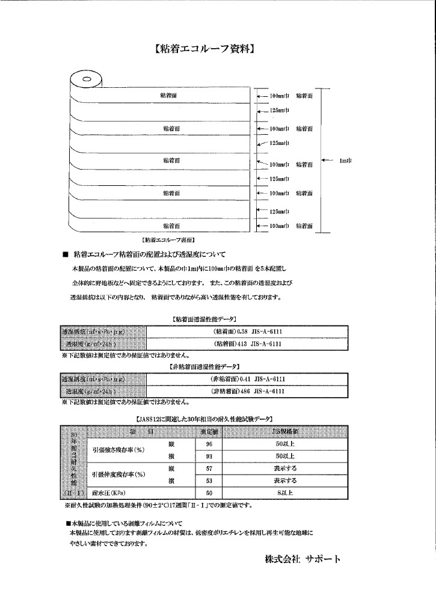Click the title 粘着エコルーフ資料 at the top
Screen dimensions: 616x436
[x=203, y=50]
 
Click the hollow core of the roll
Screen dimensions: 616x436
[x=87, y=79]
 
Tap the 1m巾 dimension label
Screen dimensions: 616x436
[x=345, y=160]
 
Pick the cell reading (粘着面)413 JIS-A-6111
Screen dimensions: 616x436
[x=247, y=344]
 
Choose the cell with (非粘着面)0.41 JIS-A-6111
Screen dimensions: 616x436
[x=247, y=379]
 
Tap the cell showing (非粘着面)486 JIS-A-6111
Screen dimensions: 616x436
[x=247, y=391]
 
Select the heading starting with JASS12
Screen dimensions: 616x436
[x=201, y=417]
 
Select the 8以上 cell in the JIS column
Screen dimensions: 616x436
[x=284, y=493]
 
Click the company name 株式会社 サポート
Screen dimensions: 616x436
[x=302, y=559]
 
